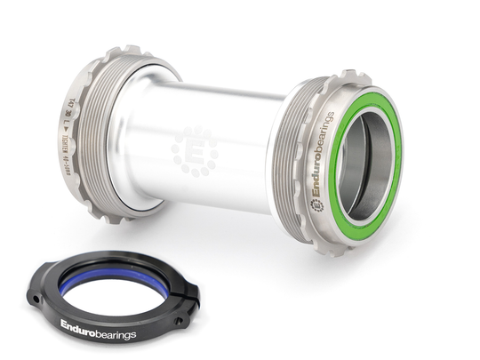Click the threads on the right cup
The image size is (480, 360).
pos(284,160)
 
